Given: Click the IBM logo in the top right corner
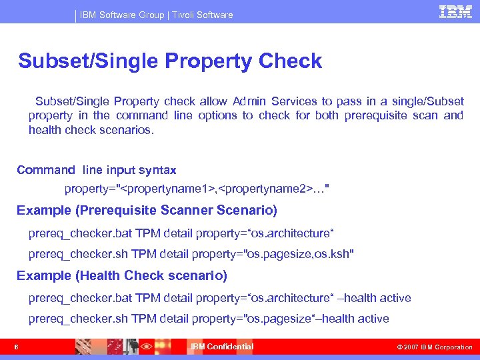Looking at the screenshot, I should (x=455, y=11).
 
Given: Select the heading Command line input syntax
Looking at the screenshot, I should (x=97, y=170).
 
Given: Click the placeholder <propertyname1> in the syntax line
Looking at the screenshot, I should (x=167, y=189).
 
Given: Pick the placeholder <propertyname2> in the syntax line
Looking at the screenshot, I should (x=263, y=189).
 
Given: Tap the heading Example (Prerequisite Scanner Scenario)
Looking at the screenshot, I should (x=147, y=211).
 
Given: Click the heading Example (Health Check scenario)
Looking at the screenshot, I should (x=122, y=275).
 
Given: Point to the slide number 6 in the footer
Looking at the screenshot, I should (x=15, y=347).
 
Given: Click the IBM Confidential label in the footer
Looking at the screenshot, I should (x=222, y=347).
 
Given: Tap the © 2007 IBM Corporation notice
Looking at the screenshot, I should (x=434, y=347).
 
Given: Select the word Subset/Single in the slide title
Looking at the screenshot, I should (x=88, y=61).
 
